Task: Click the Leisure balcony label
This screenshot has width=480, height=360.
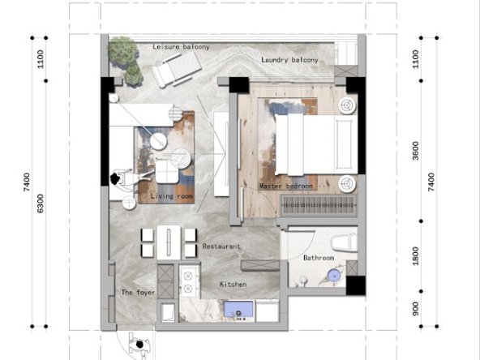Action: tap(181, 47)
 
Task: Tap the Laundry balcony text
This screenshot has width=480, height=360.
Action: tap(289, 61)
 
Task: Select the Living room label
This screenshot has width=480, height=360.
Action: tap(171, 196)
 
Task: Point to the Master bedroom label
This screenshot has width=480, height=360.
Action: tap(286, 186)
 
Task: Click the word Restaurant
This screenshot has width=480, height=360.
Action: tap(221, 246)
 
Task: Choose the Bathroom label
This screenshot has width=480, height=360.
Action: tap(319, 258)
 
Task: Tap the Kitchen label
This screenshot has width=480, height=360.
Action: tap(234, 285)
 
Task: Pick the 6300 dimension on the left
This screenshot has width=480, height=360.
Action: tap(41, 204)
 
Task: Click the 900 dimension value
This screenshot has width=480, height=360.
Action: tap(415, 309)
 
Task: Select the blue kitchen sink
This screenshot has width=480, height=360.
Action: tap(239, 309)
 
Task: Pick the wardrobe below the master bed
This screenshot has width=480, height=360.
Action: tap(317, 205)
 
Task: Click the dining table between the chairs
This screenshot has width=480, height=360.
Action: tap(168, 241)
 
